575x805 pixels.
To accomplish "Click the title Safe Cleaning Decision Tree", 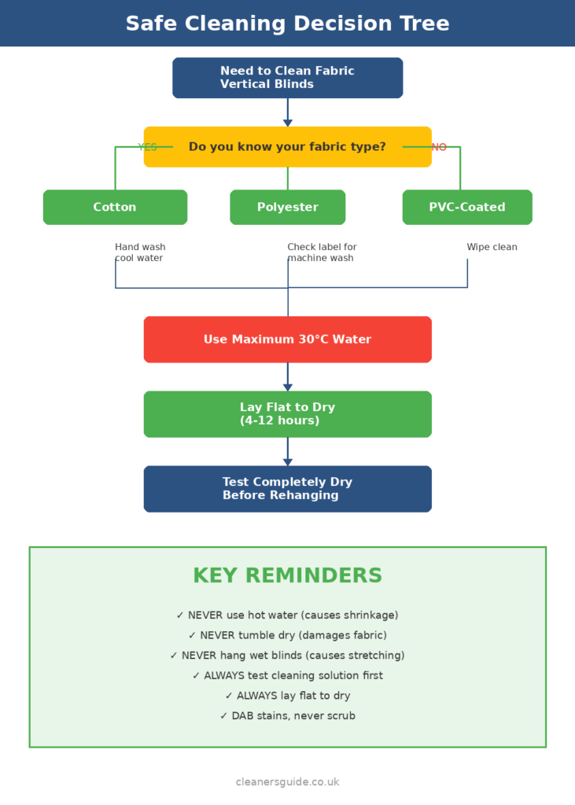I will pyautogui.click(x=287, y=24).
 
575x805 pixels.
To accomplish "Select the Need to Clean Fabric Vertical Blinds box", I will pyautogui.click(x=287, y=78).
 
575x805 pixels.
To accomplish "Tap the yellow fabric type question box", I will pyautogui.click(x=287, y=147).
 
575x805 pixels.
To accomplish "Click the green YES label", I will pyautogui.click(x=148, y=147).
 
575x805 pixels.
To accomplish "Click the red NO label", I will pyautogui.click(x=439, y=147).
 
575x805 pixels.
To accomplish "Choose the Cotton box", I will pyautogui.click(x=115, y=208).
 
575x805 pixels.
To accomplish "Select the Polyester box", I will pyautogui.click(x=287, y=208).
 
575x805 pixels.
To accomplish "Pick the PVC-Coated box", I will pyautogui.click(x=467, y=208).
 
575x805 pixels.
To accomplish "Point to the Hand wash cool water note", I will pyautogui.click(x=140, y=252).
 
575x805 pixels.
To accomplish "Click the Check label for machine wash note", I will pyautogui.click(x=322, y=252).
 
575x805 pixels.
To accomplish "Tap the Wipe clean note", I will pyautogui.click(x=492, y=247).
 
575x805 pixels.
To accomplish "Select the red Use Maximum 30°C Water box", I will pyautogui.click(x=287, y=340).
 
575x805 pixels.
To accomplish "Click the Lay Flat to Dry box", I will pyautogui.click(x=287, y=414).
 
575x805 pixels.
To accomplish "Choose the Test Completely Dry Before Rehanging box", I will pyautogui.click(x=287, y=489).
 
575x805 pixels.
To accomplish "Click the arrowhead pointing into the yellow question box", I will pyautogui.click(x=288, y=122).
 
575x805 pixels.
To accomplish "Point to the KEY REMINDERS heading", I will pyautogui.click(x=287, y=575).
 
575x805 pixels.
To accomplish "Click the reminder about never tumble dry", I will pyautogui.click(x=287, y=635).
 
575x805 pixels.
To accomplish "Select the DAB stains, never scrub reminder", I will pyautogui.click(x=287, y=716).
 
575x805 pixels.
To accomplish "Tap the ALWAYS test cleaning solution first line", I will pyautogui.click(x=287, y=675).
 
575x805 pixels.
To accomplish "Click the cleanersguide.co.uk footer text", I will pyautogui.click(x=287, y=782).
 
